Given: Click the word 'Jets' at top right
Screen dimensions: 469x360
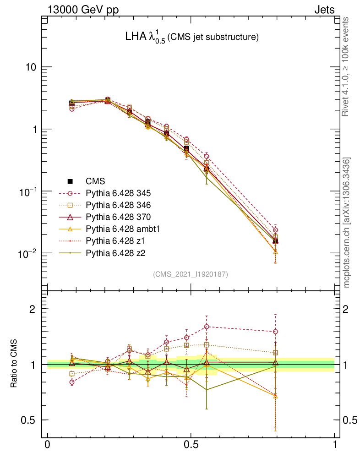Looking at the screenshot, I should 324,10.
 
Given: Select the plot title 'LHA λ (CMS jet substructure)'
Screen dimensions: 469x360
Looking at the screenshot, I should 192,37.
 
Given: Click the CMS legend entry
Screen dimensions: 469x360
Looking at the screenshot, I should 96,181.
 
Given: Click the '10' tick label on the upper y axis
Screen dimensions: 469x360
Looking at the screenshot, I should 30,67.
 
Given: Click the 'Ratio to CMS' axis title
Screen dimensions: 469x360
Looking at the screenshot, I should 14,362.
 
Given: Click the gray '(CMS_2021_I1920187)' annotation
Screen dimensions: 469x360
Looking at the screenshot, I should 191,274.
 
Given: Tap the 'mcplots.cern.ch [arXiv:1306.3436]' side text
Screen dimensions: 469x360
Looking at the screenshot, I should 347,223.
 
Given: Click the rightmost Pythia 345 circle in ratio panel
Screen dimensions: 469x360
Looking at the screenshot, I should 275,332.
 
